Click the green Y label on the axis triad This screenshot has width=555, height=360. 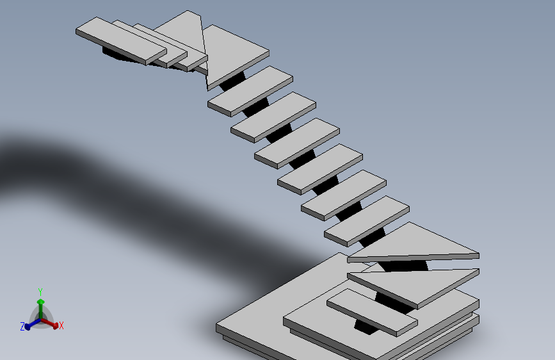point(40,292)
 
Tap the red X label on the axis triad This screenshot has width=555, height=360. point(61,325)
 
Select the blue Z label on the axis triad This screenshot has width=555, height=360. point(22,326)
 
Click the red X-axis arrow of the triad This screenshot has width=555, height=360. point(49,323)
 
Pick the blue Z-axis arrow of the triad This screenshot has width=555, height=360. point(33,324)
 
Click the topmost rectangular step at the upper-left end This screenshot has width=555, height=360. point(121,41)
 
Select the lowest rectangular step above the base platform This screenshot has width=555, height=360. point(372,312)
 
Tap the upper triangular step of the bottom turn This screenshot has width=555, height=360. point(414,245)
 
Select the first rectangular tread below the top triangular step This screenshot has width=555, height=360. point(250,91)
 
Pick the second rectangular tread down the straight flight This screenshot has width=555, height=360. point(273,117)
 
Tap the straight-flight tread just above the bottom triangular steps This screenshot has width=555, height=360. point(367,221)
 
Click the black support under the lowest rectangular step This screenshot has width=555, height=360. point(366,327)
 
